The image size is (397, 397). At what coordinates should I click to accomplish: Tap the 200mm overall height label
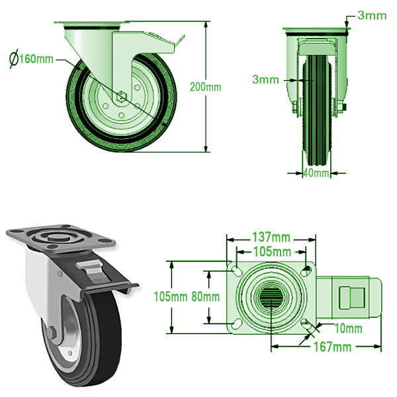(x=205, y=87)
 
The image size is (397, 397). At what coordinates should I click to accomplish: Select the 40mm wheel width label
(x=316, y=173)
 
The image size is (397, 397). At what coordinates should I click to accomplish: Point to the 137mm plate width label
(x=271, y=237)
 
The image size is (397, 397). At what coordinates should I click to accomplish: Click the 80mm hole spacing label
(x=205, y=296)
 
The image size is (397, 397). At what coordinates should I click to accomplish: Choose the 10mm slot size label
(x=348, y=328)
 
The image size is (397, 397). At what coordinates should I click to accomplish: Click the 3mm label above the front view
(x=372, y=15)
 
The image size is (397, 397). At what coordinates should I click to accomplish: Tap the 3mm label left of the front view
(x=265, y=79)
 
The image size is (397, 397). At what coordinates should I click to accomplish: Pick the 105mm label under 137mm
(x=271, y=251)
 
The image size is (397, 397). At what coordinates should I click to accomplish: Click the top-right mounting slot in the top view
(x=305, y=270)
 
